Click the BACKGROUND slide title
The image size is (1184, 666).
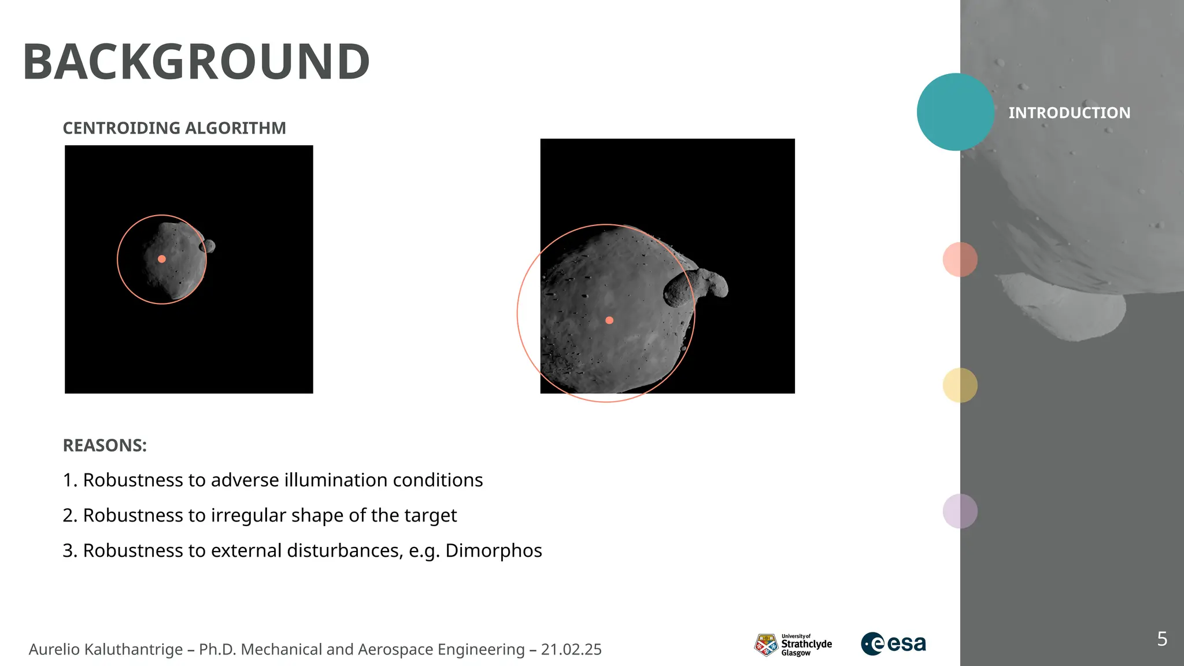(x=196, y=62)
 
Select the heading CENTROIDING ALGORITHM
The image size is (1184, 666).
(x=174, y=128)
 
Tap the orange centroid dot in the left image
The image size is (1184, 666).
(x=162, y=259)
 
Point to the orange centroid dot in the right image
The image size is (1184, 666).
(x=609, y=320)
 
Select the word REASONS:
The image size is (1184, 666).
(x=105, y=445)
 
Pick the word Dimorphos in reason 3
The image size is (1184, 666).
(x=493, y=550)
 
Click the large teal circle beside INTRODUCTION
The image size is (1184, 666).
(x=955, y=112)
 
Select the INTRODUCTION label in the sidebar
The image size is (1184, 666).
(x=1069, y=113)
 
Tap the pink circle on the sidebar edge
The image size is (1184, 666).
(x=960, y=260)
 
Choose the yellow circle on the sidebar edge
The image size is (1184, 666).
(x=960, y=386)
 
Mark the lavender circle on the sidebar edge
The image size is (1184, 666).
(x=960, y=511)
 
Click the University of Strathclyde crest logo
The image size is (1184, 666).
(x=766, y=645)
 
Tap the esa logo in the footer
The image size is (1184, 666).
(x=893, y=643)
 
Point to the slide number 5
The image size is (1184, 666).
(x=1162, y=639)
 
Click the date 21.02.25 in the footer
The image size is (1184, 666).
(x=571, y=649)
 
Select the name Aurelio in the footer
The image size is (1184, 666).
(x=54, y=649)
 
